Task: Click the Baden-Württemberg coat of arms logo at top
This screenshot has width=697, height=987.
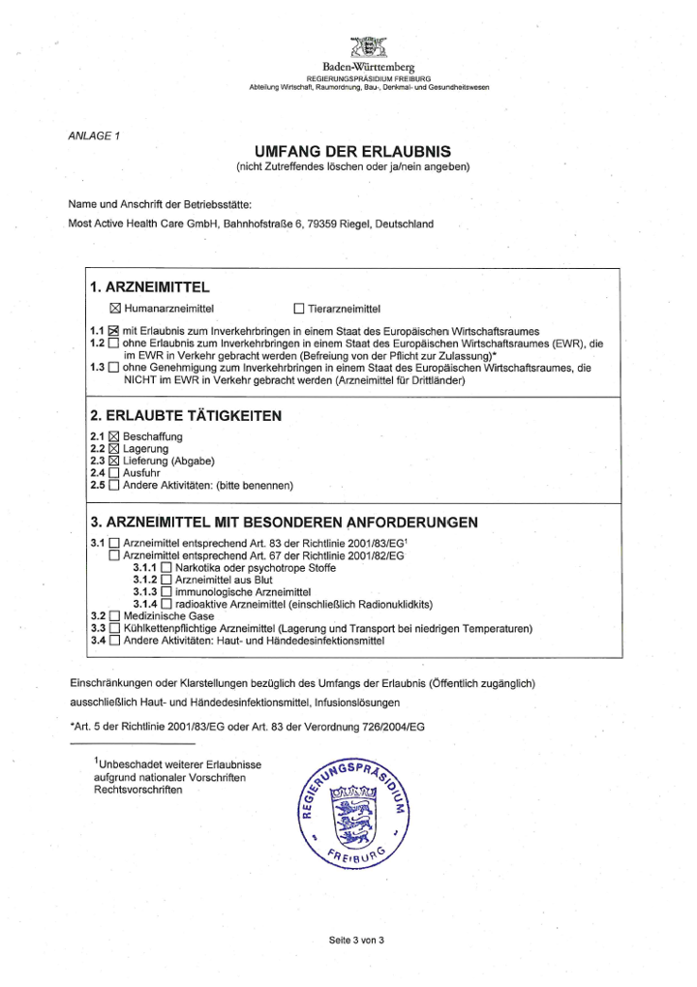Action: click(368, 47)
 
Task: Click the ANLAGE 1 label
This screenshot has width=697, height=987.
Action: click(94, 135)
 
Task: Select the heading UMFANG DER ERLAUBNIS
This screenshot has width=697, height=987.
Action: click(352, 152)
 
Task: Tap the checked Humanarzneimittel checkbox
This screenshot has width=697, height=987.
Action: click(116, 309)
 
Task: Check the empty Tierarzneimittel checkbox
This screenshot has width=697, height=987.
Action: click(299, 309)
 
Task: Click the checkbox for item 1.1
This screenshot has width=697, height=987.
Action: click(114, 331)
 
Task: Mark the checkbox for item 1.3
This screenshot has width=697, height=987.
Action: click(114, 368)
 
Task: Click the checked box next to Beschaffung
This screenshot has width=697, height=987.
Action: click(114, 437)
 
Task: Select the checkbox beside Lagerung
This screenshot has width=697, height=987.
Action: click(114, 449)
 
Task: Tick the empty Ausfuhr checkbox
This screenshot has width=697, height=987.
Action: click(114, 473)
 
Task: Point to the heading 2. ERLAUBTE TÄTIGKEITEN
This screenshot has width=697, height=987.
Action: click(185, 416)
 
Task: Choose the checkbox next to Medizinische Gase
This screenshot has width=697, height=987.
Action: click(114, 615)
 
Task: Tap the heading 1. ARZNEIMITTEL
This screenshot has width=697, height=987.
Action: click(149, 287)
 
